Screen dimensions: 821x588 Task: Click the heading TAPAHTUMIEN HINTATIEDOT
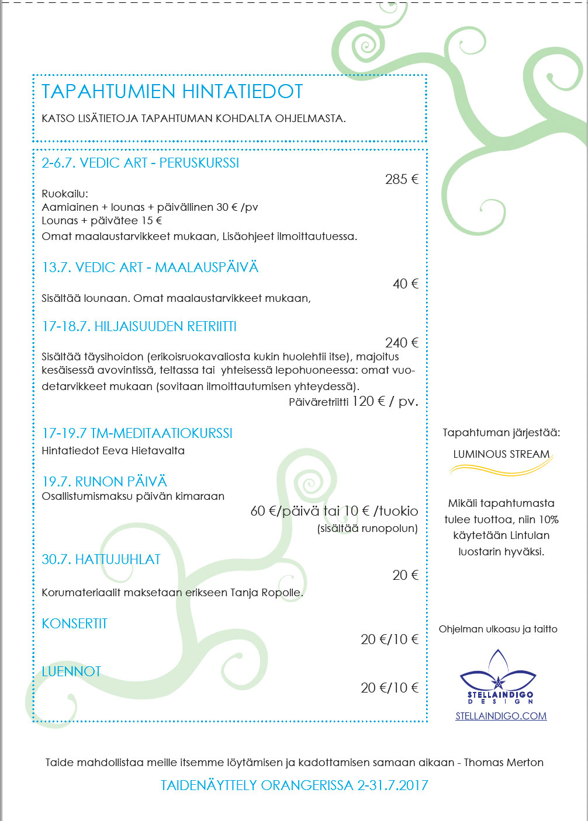tap(172, 92)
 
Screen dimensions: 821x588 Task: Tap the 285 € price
tap(402, 179)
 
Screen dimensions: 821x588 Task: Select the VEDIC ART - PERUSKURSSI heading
tap(140, 163)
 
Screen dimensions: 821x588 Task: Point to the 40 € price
tap(406, 284)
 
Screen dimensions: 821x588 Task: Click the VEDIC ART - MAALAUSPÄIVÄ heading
tap(150, 267)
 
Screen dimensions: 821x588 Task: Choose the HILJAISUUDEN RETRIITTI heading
tap(139, 326)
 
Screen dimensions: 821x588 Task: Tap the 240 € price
tap(402, 343)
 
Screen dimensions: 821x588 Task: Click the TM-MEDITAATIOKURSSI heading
tap(137, 433)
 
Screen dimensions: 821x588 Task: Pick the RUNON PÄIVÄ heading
tap(105, 482)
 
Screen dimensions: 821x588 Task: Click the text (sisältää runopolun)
tap(368, 528)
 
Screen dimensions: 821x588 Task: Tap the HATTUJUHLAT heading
tap(101, 559)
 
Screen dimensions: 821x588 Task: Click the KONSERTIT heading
tap(75, 624)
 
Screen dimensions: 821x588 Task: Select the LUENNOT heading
tap(71, 672)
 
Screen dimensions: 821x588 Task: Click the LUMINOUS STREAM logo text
tap(501, 454)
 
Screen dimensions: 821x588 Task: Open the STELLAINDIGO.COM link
tap(501, 716)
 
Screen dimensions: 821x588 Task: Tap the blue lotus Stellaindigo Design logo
tap(497, 677)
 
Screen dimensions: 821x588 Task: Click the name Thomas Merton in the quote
tap(503, 763)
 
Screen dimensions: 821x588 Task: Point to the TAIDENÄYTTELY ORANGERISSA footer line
tap(295, 785)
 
